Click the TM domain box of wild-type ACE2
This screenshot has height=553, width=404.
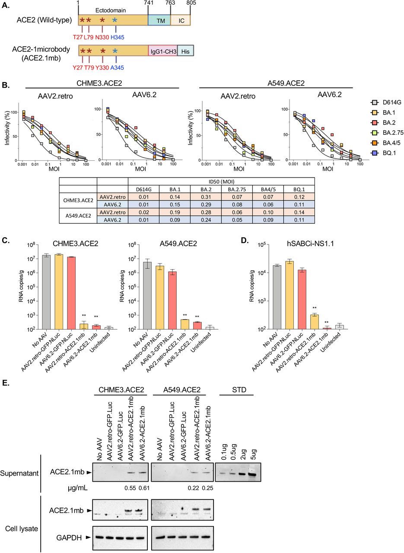[x=159, y=20]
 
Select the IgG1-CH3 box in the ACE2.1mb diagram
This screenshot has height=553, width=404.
[x=162, y=51]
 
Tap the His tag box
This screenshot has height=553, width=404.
[x=185, y=51]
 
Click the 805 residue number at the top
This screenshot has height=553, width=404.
[x=191, y=3]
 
